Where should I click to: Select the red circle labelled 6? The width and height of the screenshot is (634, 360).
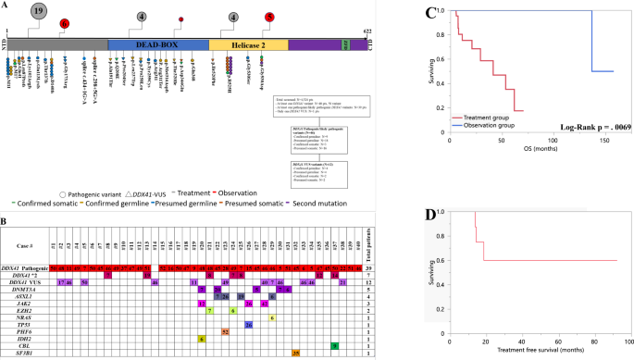(x=63, y=22)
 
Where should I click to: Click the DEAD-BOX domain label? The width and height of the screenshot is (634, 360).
(x=156, y=44)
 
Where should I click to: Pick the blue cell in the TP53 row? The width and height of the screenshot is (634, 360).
(x=249, y=324)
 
